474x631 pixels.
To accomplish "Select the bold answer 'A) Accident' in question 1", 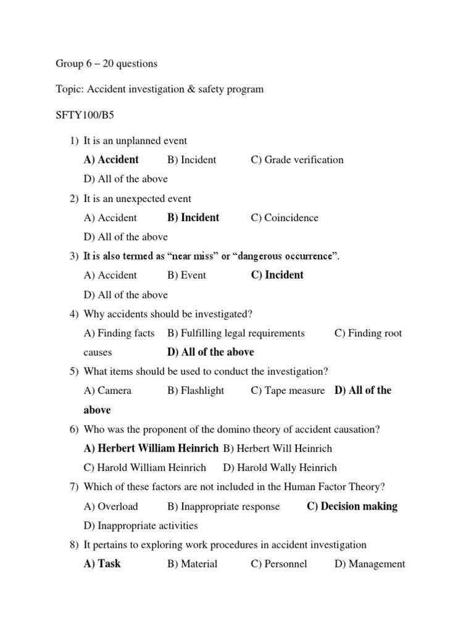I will [111, 160].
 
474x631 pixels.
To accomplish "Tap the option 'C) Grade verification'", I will [297, 160].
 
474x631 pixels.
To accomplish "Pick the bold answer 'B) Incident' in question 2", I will [193, 218].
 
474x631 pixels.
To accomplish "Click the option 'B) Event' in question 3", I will [186, 275].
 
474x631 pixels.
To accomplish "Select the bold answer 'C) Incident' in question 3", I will [277, 275].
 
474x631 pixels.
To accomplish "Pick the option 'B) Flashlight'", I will [196, 391].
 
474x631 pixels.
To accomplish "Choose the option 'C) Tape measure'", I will [288, 391].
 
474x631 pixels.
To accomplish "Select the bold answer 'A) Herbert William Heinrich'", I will [151, 449].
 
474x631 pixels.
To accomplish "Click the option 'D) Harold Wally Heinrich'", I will [280, 468].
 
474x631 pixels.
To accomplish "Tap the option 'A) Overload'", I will [110, 507].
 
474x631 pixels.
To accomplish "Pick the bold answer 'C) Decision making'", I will [352, 507].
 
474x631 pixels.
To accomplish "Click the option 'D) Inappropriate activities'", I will [141, 526].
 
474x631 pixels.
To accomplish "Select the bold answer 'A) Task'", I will [102, 564].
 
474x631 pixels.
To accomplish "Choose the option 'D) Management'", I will [370, 564].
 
